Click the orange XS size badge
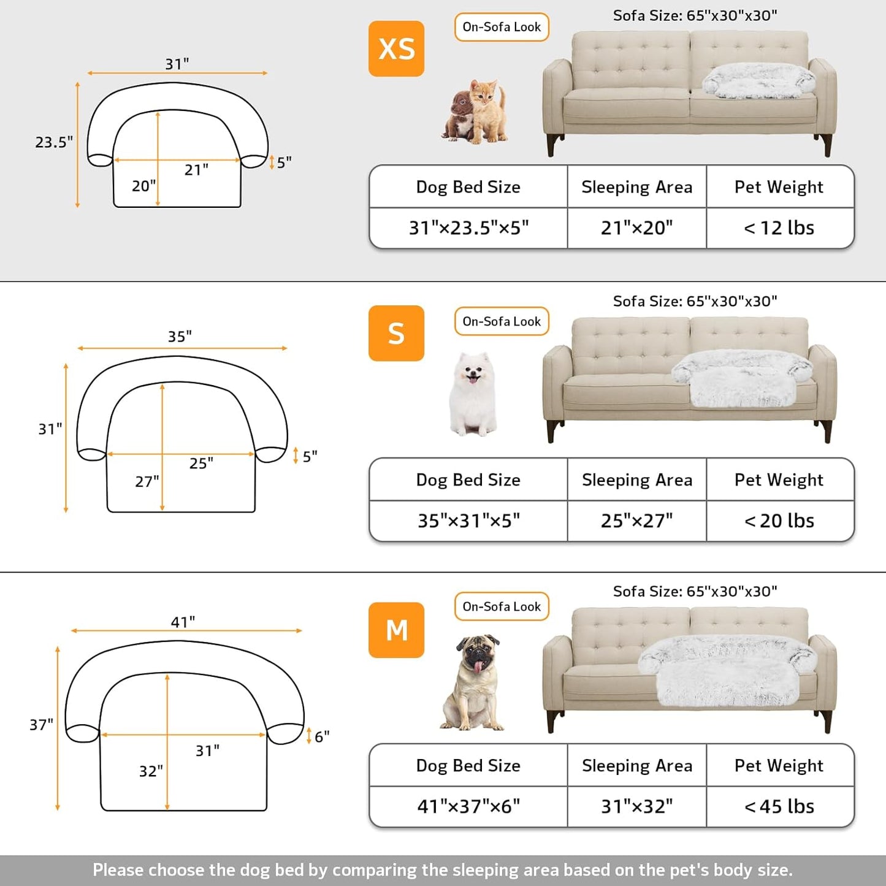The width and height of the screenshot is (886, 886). [396, 48]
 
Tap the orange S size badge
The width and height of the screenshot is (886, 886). [396, 333]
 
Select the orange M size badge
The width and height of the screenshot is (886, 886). [396, 630]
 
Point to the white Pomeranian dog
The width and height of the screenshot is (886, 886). [472, 394]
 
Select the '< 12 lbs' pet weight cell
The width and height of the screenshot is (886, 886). [779, 228]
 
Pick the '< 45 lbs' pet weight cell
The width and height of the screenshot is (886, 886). [779, 806]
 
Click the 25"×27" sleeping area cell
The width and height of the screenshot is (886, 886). [636, 521]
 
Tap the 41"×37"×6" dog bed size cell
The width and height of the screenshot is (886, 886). [468, 806]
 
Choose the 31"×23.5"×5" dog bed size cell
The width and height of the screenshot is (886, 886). [468, 228]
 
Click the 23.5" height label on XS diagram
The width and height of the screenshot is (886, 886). [53, 142]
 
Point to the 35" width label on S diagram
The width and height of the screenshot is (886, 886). [180, 336]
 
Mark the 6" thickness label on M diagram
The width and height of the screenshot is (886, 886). [322, 736]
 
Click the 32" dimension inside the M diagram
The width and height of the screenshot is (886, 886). [151, 771]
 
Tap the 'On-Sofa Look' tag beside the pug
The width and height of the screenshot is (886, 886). [502, 606]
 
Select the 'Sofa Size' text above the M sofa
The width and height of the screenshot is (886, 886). [646, 591]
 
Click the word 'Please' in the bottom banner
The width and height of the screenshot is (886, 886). [118, 869]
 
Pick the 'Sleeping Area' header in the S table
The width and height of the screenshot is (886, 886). [636, 479]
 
